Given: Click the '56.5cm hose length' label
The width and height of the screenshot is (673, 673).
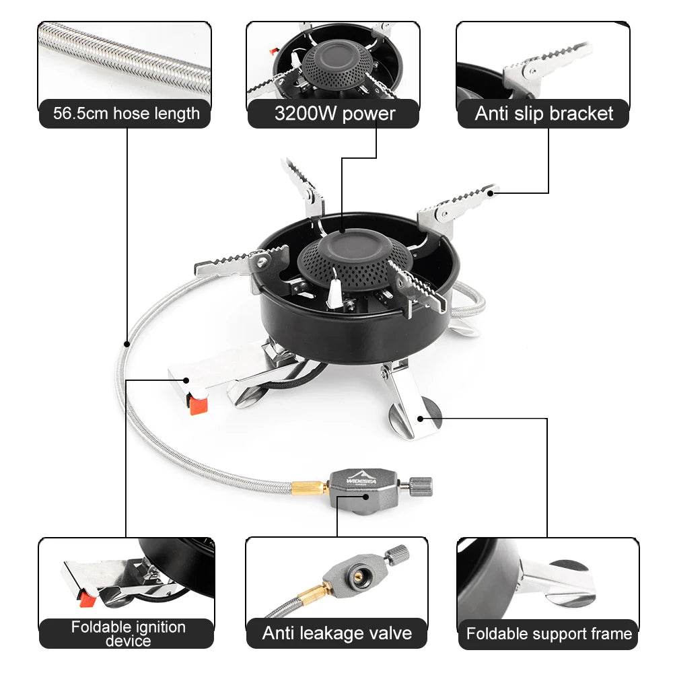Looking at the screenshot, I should pos(127,113).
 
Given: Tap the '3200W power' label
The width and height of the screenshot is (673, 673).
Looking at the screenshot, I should pos(334,113).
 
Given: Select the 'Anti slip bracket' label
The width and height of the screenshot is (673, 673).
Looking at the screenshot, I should pos(544,113).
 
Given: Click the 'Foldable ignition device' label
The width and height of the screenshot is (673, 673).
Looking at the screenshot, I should pos(128,633).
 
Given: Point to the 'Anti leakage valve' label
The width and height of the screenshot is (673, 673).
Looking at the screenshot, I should pos(336,633).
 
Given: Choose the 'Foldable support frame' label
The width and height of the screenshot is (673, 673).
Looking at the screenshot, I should pos(549,633).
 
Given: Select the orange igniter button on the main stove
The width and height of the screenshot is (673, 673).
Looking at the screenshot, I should pos(198,405).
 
